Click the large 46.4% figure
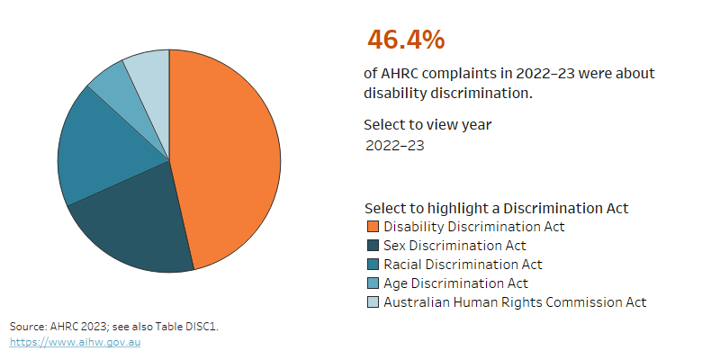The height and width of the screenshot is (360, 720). pyautogui.click(x=405, y=40)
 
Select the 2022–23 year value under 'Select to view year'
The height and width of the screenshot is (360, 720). pyautogui.click(x=394, y=145)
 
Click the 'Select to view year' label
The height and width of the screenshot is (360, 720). pyautogui.click(x=427, y=124)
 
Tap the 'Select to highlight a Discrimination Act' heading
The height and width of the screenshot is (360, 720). pyautogui.click(x=496, y=208)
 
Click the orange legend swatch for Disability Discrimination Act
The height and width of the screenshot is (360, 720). pyautogui.click(x=373, y=227)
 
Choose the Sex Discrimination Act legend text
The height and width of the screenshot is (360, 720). pyautogui.click(x=454, y=246)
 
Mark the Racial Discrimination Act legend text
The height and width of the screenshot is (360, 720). pyautogui.click(x=463, y=265)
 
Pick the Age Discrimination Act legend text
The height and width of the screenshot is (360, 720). pyautogui.click(x=455, y=283)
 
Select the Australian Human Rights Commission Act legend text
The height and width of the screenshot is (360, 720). pyautogui.click(x=515, y=302)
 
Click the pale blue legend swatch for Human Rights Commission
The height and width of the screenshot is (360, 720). pyautogui.click(x=373, y=302)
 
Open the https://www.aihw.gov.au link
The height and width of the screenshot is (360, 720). pyautogui.click(x=75, y=343)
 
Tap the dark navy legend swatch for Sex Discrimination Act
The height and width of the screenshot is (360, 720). pyautogui.click(x=373, y=246)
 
